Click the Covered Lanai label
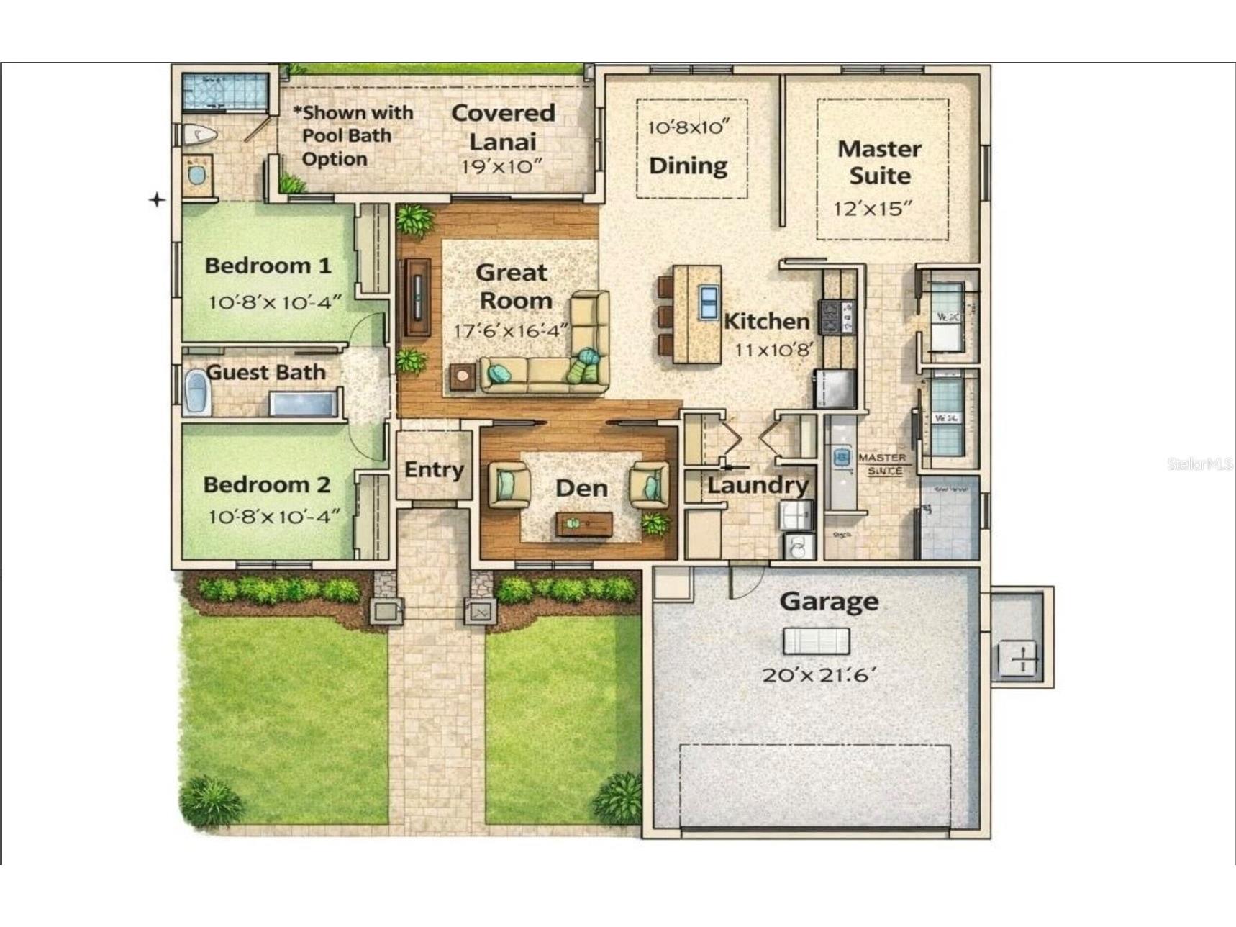coord(503,127)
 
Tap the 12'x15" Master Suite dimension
coord(872,209)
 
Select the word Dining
coord(688,166)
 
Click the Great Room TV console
coord(417,297)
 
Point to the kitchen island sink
coord(708,302)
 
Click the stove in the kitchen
coord(838,317)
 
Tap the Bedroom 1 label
coord(268,266)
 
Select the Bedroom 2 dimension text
coord(273,517)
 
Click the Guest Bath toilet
coord(196,392)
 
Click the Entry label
coord(434,469)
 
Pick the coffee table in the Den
coord(583,524)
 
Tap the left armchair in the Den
coord(509,484)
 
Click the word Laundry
coord(757,485)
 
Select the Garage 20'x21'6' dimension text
coord(819,675)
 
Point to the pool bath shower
coord(224,92)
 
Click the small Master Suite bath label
coord(883,463)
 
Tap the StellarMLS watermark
coord(1199,464)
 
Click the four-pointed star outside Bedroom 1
coord(157,199)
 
